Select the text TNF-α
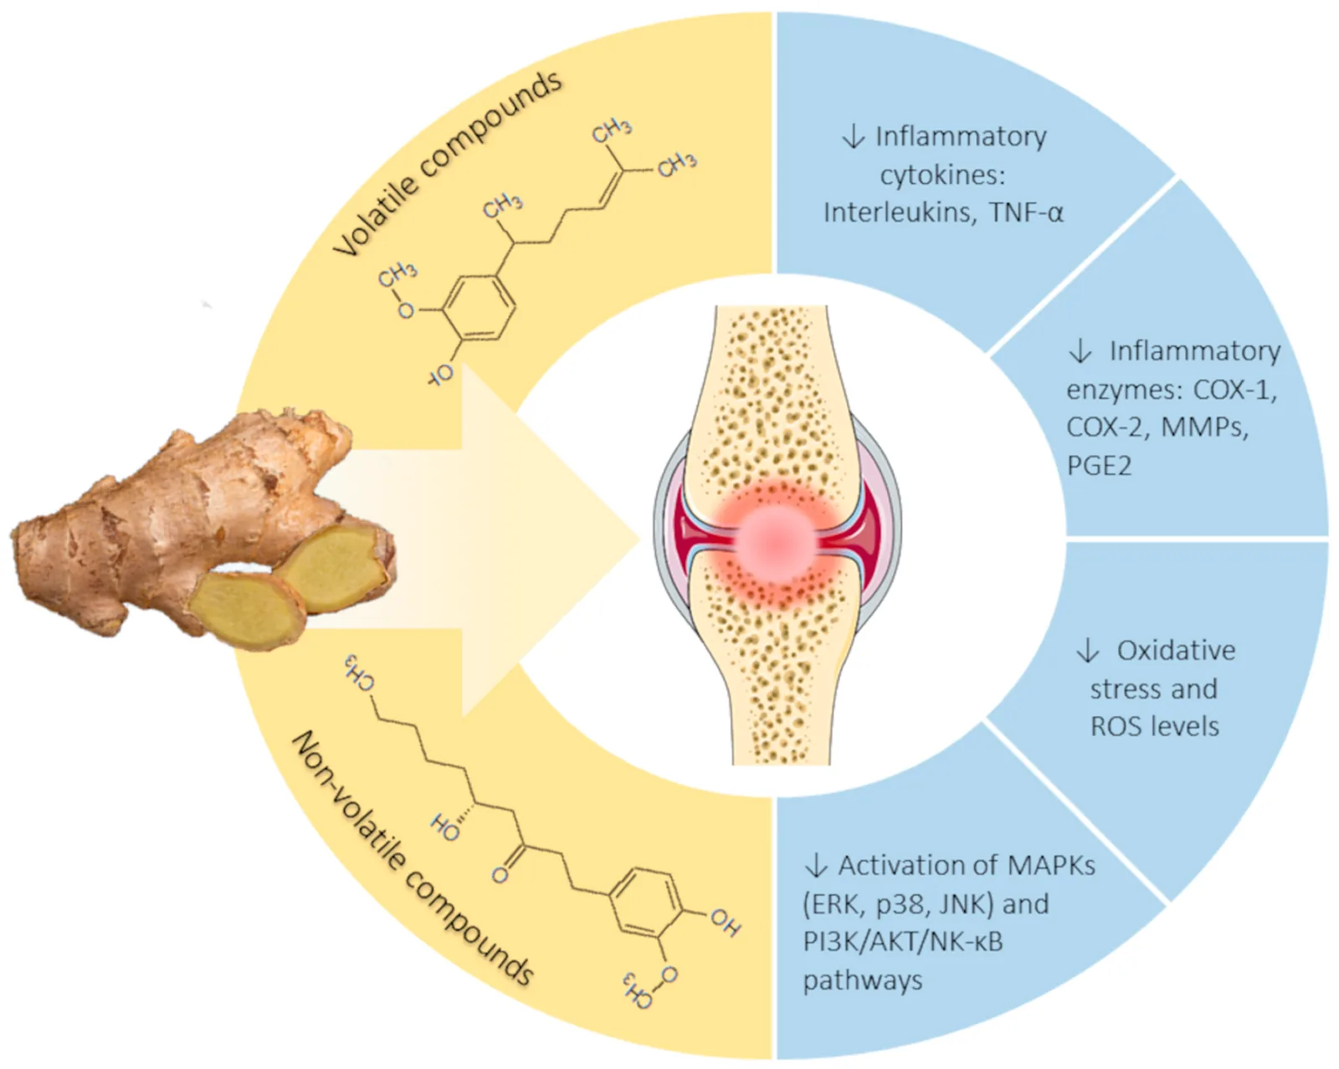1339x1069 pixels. point(1025,212)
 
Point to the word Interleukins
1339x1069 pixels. point(899,212)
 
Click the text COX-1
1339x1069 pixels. point(1234,390)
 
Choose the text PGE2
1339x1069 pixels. point(1098,465)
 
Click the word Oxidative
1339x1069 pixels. point(1176,651)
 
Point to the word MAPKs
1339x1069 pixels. point(1051,865)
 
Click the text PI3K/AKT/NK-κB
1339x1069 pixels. point(902,941)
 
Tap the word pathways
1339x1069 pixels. point(862,979)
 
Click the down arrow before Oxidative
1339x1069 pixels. point(1088,651)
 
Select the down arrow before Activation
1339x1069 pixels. point(816,865)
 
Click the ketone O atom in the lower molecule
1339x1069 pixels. point(500,875)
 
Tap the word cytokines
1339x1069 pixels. point(941,175)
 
